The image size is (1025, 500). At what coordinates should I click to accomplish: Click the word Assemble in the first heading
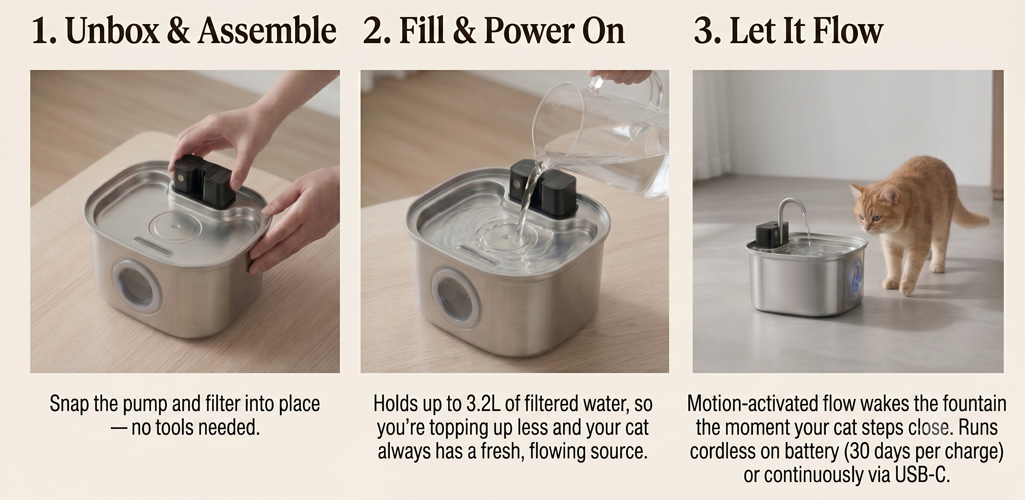pos(267,31)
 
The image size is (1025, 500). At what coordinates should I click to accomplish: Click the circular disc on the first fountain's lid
pos(175,227)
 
